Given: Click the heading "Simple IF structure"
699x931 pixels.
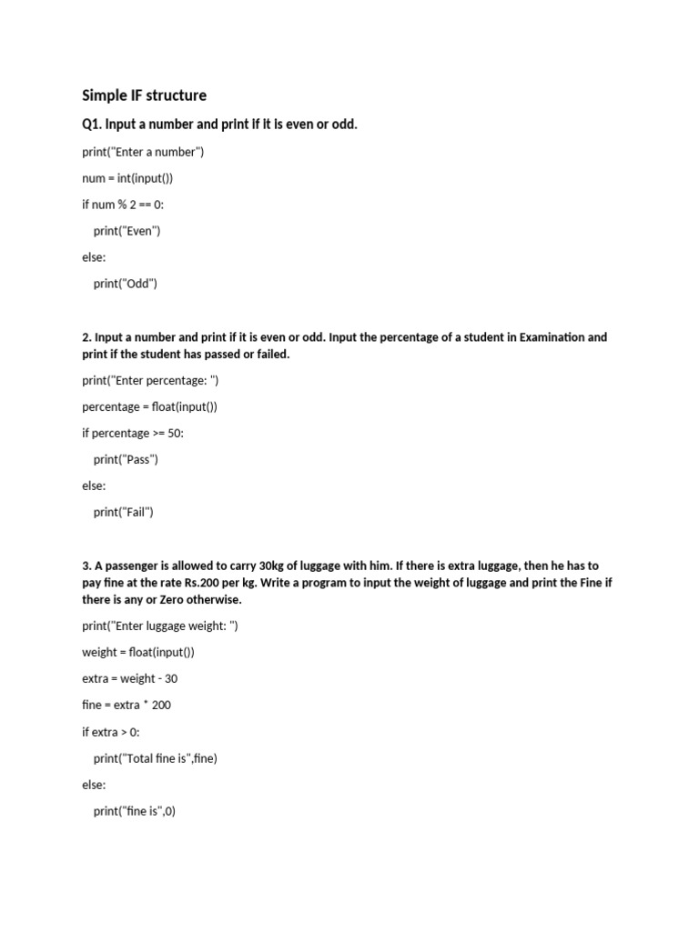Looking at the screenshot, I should tap(144, 95).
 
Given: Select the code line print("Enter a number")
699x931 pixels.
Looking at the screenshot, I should tap(143, 152).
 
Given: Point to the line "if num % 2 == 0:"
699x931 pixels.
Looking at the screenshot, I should tap(123, 205).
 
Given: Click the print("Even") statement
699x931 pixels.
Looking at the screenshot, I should tap(127, 231).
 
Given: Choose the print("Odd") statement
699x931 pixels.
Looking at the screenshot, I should tap(126, 284).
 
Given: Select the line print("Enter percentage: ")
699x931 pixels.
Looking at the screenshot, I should tap(150, 380).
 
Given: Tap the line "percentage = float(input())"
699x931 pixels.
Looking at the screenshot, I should tap(149, 406).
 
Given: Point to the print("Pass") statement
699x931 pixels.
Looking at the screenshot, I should tap(126, 459).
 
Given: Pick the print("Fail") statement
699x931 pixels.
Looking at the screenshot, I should tap(124, 512).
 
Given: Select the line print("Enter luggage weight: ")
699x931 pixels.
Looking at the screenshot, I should tap(160, 626).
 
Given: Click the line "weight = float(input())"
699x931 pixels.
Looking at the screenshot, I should tap(138, 652).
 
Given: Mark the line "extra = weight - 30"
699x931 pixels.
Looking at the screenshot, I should tap(127, 678).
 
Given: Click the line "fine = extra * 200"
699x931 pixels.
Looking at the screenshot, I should tap(127, 705).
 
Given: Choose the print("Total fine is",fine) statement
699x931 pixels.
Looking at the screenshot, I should tap(156, 757).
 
